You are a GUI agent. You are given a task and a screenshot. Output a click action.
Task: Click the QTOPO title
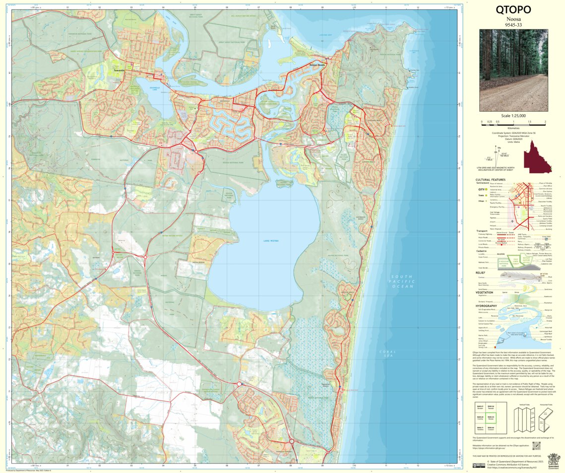coord(513,9)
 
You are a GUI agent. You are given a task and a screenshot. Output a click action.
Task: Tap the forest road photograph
coord(513,69)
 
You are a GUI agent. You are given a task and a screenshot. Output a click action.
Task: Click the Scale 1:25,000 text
coord(513,116)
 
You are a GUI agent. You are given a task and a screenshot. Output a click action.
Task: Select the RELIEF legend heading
coord(480,272)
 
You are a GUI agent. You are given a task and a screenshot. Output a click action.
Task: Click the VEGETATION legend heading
coord(485,292)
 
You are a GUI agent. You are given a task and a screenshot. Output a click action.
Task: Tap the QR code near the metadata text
coord(535,445)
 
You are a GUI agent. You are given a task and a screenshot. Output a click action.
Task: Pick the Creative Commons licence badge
coord(479,466)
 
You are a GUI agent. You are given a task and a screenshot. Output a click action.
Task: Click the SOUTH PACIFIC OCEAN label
coord(402,281)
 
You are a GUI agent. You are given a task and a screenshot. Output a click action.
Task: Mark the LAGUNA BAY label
coord(325,35)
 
